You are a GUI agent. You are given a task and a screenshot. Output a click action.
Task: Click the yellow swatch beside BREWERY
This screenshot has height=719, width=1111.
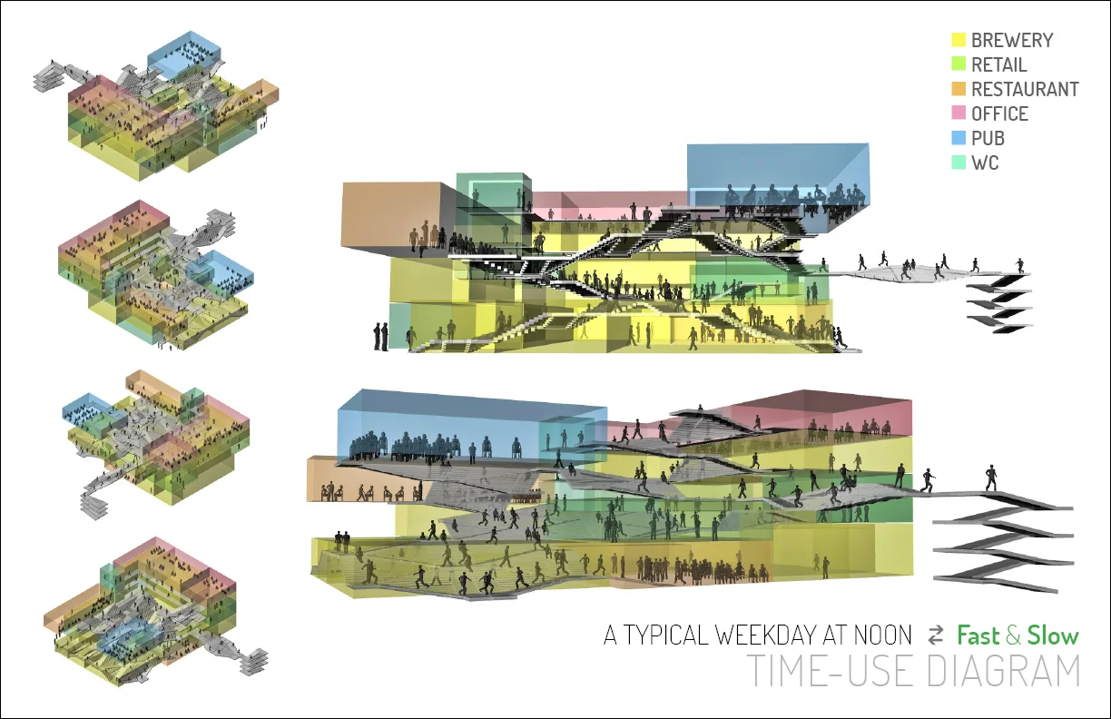point(959,40)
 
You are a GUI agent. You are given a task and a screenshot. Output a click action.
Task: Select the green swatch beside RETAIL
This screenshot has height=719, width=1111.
point(959,64)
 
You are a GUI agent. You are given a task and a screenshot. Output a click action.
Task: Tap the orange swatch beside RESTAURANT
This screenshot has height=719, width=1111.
point(959,89)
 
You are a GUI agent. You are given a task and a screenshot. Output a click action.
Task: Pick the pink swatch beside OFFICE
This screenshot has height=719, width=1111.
point(959,113)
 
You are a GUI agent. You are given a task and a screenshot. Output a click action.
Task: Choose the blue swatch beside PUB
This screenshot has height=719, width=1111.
point(959,138)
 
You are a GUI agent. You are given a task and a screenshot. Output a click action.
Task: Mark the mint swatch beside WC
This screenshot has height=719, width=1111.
point(959,163)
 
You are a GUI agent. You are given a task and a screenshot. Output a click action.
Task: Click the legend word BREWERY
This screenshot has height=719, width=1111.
point(1012,40)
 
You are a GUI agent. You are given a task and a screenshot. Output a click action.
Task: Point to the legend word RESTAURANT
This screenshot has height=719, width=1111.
point(1025,89)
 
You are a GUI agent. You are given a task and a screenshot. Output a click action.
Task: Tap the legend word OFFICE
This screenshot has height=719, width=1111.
point(999,113)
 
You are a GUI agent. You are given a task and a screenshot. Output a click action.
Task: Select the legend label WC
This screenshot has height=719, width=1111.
point(985,163)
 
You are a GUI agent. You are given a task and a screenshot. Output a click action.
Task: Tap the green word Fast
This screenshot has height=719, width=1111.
point(978,635)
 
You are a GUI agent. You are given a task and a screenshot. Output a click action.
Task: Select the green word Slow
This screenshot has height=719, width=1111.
point(1053,635)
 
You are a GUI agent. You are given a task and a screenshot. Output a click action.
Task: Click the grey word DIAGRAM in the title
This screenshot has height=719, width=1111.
point(1003,671)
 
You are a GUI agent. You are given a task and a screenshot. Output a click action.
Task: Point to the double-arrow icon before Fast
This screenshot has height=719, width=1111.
point(936,635)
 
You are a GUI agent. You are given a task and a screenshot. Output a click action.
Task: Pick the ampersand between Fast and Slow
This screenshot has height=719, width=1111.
point(1014,636)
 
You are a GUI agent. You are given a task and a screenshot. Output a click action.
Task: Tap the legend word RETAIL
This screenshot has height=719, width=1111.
point(999,64)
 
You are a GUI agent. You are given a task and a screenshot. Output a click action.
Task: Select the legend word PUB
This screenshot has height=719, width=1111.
point(988,138)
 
